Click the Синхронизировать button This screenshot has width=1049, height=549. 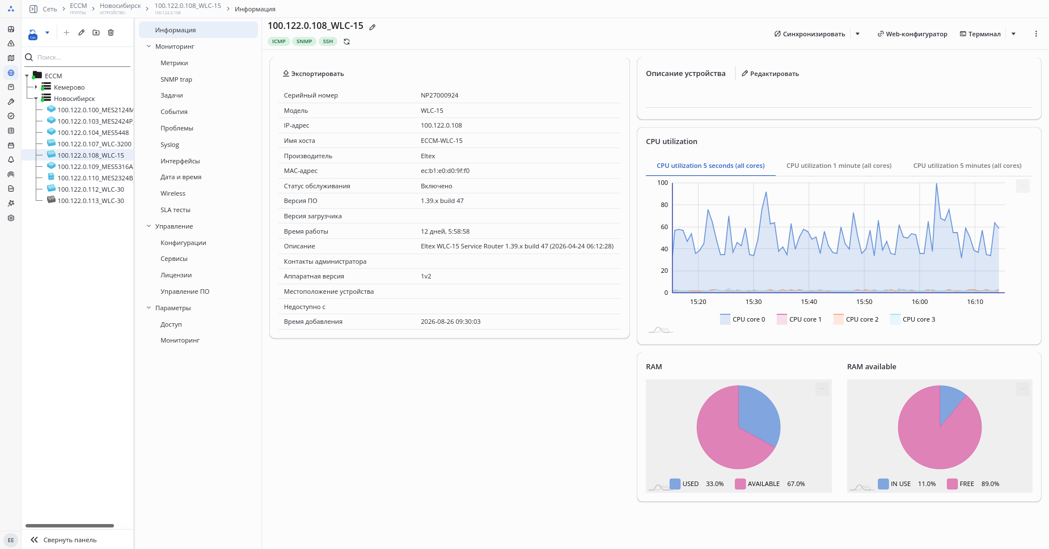pos(809,34)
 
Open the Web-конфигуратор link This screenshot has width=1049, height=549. pos(912,34)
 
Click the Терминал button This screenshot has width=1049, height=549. pos(980,34)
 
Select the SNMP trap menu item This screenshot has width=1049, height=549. pos(176,79)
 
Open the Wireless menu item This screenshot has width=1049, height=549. pos(173,193)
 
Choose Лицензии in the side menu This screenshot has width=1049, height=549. pos(176,275)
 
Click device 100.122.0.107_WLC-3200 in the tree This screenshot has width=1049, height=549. pos(94,144)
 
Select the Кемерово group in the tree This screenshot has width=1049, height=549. pos(69,87)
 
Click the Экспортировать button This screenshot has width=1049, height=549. pos(313,74)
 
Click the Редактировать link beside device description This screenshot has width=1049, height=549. pos(770,74)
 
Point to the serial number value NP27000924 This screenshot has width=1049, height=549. pos(439,95)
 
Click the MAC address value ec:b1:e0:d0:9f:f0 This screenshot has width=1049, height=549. pos(445,171)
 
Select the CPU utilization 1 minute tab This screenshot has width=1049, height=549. pos(839,166)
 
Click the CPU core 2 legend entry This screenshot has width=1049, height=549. pos(856,319)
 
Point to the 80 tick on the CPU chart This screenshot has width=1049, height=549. pos(664,205)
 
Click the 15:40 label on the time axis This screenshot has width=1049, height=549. pos(809,302)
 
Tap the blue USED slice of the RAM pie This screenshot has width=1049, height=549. pos(759,414)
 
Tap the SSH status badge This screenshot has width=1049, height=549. pos(328,41)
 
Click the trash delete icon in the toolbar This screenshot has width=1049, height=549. pos(111,32)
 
